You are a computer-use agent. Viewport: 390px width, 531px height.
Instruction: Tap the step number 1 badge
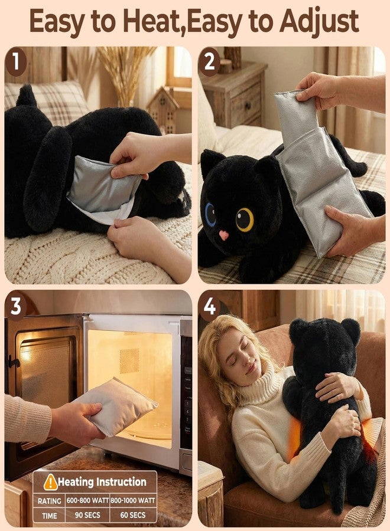point(15,61)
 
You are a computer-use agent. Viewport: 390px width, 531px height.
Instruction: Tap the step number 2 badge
point(209,61)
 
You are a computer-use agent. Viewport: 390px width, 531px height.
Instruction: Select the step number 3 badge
point(15,307)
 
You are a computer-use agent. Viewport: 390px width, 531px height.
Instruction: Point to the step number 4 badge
point(209,307)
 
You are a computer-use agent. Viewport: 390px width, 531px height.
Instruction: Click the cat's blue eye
point(210,214)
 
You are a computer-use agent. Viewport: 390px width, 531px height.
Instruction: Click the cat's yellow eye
point(245,219)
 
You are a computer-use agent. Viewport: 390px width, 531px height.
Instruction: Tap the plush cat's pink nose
point(223,235)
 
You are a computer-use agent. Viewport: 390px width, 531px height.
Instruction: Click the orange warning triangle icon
point(51,481)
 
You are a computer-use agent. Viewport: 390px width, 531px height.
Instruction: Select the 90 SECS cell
point(87,515)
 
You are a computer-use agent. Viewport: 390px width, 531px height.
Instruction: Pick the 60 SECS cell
point(133,515)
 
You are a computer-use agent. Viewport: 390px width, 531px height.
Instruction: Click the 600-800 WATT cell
point(87,500)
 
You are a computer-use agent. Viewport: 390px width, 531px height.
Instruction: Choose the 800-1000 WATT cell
point(133,500)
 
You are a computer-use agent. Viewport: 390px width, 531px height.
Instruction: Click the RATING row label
point(50,501)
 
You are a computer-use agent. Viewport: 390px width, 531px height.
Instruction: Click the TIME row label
point(50,516)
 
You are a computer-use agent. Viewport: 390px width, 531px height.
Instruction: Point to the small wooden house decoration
point(162,109)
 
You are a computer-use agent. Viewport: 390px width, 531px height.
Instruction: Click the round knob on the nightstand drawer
point(248,106)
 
